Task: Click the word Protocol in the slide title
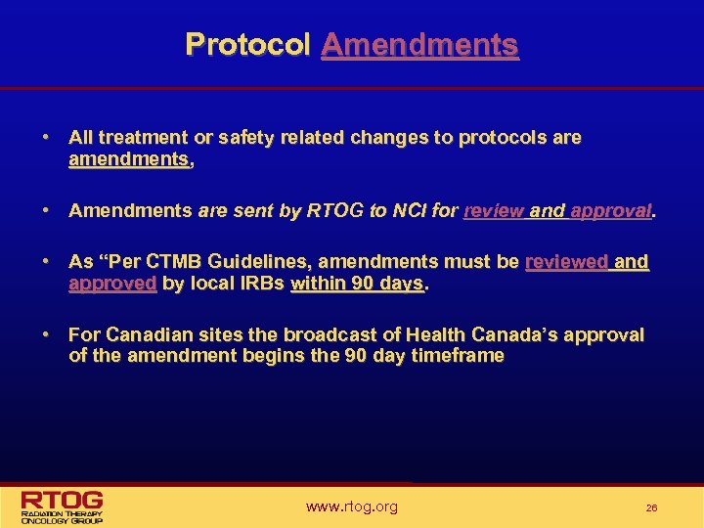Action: pyautogui.click(x=247, y=44)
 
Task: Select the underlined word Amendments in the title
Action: pyautogui.click(x=419, y=44)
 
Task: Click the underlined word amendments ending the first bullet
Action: pyautogui.click(x=129, y=159)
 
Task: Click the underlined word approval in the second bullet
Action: pyautogui.click(x=610, y=210)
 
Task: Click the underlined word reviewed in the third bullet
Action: pyautogui.click(x=566, y=262)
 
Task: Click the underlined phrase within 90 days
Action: pyautogui.click(x=357, y=284)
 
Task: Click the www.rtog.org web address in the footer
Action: pyautogui.click(x=351, y=506)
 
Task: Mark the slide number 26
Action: pyautogui.click(x=651, y=508)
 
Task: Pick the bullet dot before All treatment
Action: pyautogui.click(x=45, y=138)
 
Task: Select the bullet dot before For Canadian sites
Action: pyautogui.click(x=45, y=335)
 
